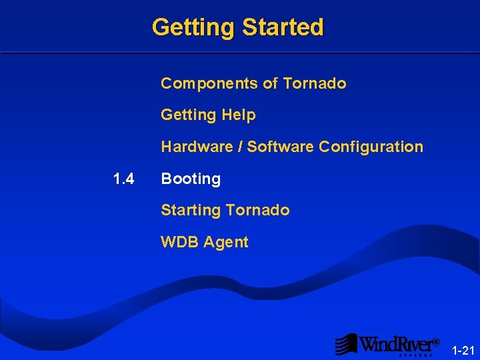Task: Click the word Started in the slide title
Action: [283, 27]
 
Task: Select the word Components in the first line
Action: [209, 83]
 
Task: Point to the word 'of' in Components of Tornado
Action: [270, 83]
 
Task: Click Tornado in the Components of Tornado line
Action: [314, 83]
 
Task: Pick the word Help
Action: [239, 115]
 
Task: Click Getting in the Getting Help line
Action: [189, 115]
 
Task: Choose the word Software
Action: [280, 147]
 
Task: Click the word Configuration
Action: [371, 147]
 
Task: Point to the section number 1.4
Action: [124, 179]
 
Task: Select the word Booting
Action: [191, 179]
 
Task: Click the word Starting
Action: [191, 211]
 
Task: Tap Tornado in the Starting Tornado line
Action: [257, 210]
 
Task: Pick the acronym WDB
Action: [179, 242]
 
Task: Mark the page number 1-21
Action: [463, 350]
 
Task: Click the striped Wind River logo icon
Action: [346, 344]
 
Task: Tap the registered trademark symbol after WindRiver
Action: [436, 341]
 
